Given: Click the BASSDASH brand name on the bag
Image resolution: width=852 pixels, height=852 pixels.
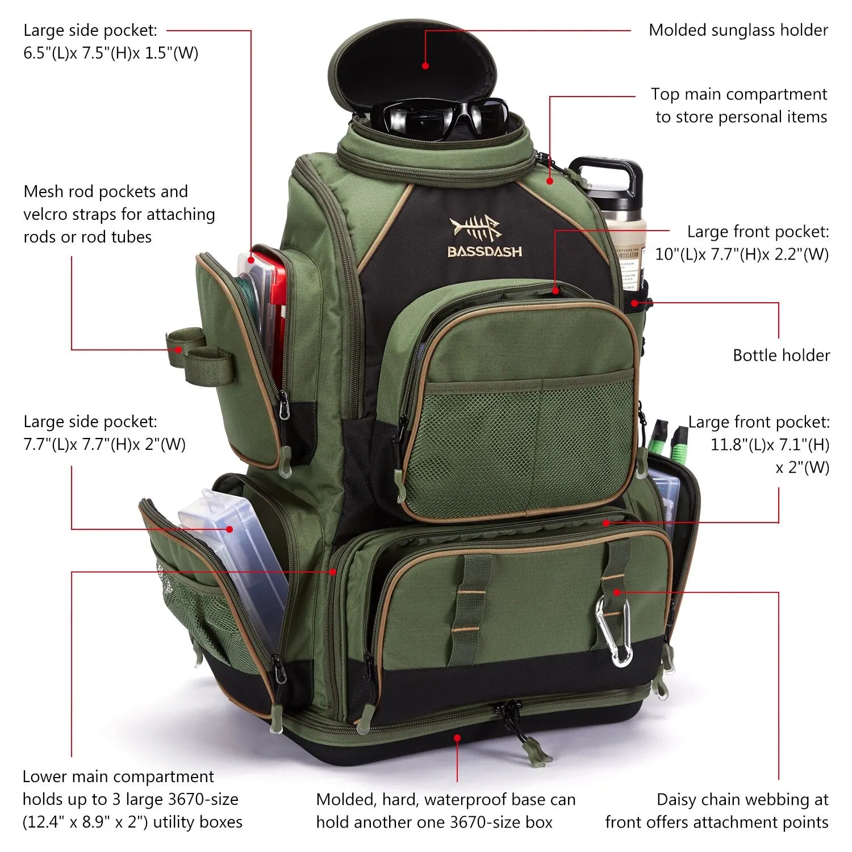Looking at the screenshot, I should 485,251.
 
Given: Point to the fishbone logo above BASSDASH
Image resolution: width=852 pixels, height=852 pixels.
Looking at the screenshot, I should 475,228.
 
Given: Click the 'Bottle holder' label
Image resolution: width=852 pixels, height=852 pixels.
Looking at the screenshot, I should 781,356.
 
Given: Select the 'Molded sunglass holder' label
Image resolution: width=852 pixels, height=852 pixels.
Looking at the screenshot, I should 738,30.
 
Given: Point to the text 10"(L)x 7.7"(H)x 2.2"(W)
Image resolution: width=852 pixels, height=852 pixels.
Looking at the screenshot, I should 742,254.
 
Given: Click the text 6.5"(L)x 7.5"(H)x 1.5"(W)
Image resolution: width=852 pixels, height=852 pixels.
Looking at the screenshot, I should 111,53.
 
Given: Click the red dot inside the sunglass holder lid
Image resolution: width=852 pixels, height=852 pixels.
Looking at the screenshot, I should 425,66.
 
